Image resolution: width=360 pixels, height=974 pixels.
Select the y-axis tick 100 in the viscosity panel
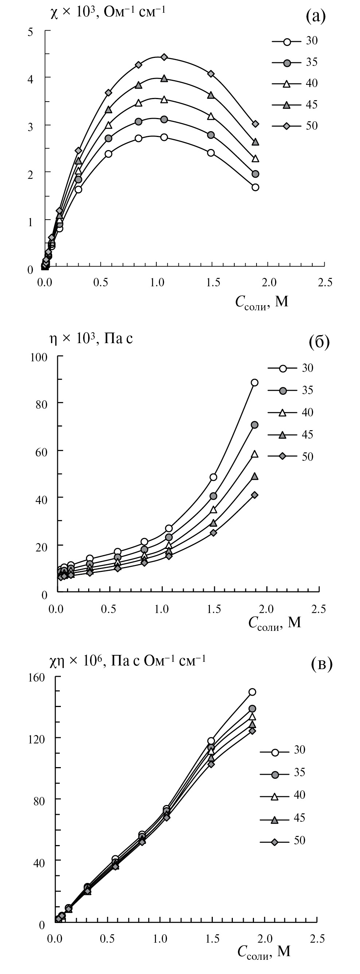39,357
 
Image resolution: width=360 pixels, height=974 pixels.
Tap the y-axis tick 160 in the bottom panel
37,677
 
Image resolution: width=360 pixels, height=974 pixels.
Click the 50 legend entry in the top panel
312,126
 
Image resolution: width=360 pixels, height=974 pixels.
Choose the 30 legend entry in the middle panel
308,368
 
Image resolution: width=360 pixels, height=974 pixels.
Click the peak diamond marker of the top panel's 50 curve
164,57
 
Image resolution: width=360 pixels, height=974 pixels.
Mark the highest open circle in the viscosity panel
254,382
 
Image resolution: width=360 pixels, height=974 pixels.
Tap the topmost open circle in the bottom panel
252,692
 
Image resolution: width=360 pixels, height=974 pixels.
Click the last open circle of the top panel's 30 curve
255,187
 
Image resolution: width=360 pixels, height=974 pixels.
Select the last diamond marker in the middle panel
254,495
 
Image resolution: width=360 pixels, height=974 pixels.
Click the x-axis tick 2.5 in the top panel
325,282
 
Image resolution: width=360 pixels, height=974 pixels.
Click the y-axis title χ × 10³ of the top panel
108,12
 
